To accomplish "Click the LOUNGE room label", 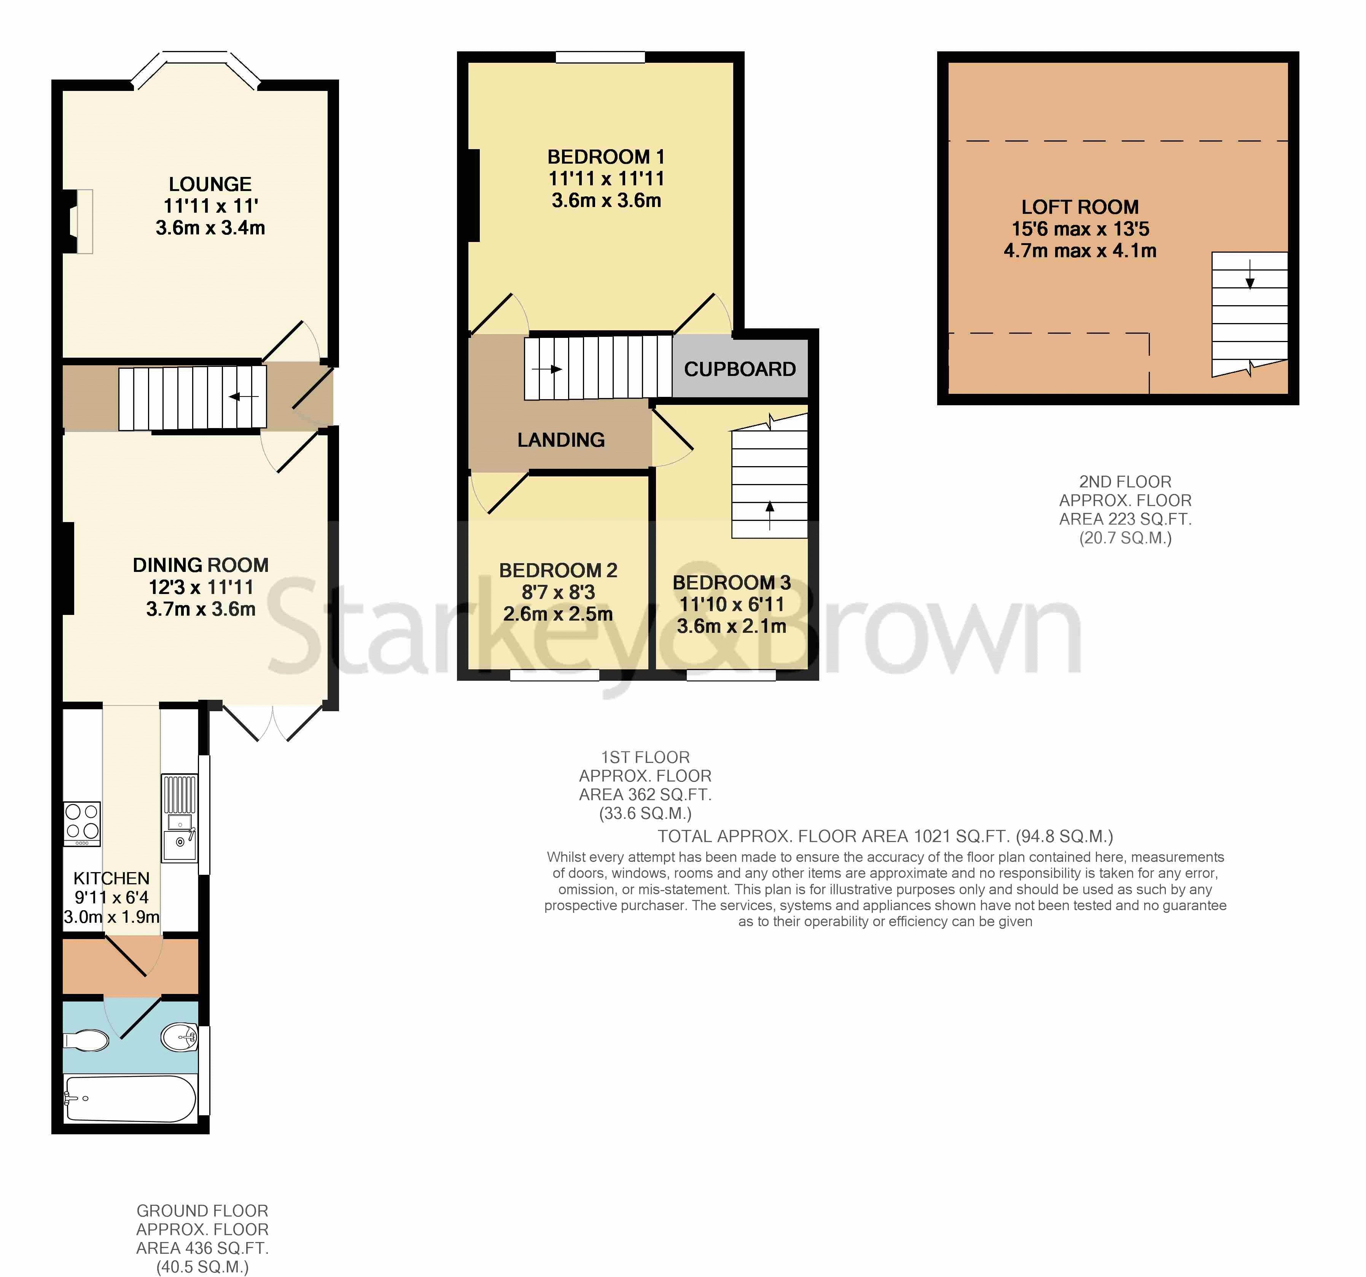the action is click(x=210, y=184).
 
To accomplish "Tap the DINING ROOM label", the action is click(x=201, y=565).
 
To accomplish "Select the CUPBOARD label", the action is click(x=740, y=369).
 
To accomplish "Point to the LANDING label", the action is click(x=561, y=440).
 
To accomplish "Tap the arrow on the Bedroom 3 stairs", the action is click(x=770, y=516).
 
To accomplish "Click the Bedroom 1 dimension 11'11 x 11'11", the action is click(x=606, y=179).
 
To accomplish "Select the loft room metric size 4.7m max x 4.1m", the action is click(x=1080, y=251).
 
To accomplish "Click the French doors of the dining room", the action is click(x=273, y=723).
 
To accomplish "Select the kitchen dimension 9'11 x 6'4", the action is click(x=111, y=898).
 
